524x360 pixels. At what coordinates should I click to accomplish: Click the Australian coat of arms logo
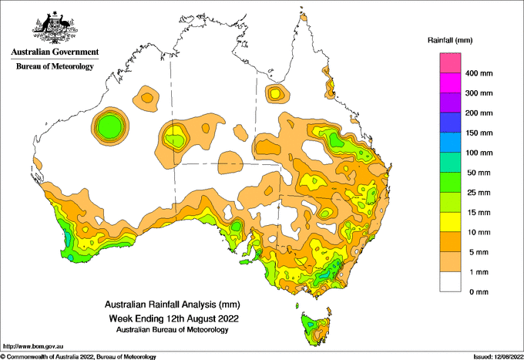coord(55,28)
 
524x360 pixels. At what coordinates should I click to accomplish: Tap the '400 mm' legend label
coord(479,73)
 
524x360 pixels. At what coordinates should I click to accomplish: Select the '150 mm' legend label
coord(479,133)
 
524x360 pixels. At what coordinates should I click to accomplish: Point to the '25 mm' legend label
coord(479,193)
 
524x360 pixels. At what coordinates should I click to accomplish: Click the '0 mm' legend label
coord(479,292)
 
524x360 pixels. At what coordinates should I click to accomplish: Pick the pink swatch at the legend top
coord(450,63)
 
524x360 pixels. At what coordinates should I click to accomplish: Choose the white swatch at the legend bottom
coord(450,282)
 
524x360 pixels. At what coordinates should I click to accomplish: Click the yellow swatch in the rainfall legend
coord(450,222)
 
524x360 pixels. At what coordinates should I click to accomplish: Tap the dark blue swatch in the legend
coord(450,123)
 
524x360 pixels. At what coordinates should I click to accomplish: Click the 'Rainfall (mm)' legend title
coord(450,40)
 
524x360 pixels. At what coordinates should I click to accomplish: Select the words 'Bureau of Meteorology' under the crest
coord(55,66)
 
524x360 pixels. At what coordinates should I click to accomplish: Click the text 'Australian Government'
coord(55,52)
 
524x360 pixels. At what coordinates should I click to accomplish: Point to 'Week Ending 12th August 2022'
coord(173,318)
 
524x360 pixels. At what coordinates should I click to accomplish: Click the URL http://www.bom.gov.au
coord(33,347)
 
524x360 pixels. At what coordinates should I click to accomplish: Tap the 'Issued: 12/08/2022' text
coord(498,357)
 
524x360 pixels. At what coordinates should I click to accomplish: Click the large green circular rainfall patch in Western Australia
coord(110,126)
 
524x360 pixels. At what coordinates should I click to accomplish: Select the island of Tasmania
coord(316,328)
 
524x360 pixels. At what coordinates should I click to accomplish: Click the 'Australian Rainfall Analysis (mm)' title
coord(173,304)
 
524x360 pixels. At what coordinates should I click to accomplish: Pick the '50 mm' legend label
coord(479,173)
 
